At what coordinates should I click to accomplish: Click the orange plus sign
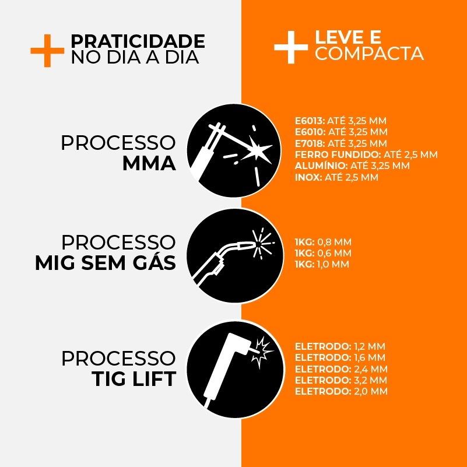tap(47, 51)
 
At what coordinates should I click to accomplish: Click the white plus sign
tap(291, 47)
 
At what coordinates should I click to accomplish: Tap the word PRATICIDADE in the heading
tap(138, 41)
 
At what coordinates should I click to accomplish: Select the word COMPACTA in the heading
tap(370, 54)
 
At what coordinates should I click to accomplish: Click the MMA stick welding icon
tap(234, 150)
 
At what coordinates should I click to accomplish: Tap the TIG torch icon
tap(236, 368)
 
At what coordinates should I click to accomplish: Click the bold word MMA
tap(149, 164)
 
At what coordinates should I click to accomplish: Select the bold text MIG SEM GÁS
tap(106, 263)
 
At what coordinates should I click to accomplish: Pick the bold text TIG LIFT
tap(134, 379)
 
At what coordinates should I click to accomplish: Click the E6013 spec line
tap(340, 121)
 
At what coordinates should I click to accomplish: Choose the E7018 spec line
tap(340, 143)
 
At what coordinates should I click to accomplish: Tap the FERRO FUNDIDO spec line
tap(366, 155)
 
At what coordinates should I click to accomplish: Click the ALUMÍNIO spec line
tap(352, 166)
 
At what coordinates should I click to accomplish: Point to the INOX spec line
tap(336, 177)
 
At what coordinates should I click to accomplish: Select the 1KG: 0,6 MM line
tap(323, 253)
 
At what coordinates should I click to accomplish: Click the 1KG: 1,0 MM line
tap(322, 265)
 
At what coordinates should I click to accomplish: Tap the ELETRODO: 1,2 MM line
tap(340, 347)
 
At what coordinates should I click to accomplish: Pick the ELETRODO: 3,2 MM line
tap(341, 380)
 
